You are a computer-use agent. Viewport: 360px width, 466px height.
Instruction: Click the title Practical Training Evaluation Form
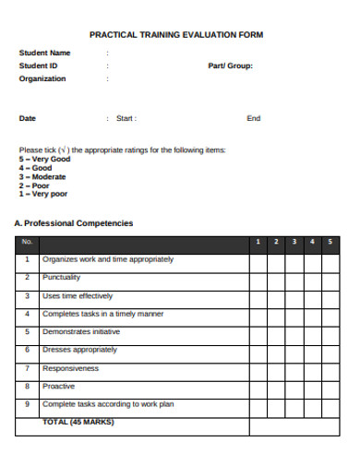[175, 34]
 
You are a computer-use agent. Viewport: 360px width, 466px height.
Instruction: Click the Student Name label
[44, 53]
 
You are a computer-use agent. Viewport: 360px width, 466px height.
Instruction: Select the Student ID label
[39, 66]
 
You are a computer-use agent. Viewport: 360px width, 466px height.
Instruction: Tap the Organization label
[42, 78]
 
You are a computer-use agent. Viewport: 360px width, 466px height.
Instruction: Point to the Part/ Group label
[230, 66]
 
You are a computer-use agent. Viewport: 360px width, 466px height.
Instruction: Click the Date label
[28, 118]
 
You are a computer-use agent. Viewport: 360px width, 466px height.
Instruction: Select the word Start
[126, 118]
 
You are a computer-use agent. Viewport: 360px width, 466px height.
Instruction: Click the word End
[253, 118]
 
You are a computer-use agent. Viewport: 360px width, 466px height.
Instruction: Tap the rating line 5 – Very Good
[44, 159]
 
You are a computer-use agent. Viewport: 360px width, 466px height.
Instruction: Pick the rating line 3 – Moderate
[42, 176]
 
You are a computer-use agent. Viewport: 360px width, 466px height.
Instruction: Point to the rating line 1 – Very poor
[43, 194]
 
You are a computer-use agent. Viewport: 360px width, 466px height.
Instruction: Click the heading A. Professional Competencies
[74, 223]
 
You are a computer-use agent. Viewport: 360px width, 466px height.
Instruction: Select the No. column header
[27, 242]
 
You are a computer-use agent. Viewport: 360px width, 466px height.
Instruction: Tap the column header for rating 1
[258, 242]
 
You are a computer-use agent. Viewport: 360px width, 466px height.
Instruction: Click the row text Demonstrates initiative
[81, 331]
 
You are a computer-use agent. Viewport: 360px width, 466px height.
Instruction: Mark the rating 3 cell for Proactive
[294, 386]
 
